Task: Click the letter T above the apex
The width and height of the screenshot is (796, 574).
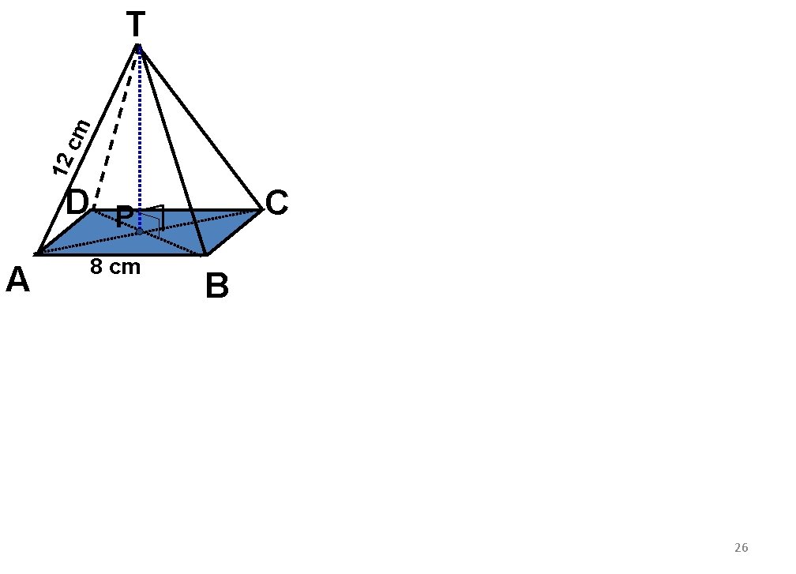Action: tap(136, 25)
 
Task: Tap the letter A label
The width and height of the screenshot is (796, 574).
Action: tap(17, 279)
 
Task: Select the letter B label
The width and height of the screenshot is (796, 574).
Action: tap(216, 287)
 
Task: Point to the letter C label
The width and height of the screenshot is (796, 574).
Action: tap(276, 204)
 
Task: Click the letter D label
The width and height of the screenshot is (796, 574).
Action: tap(77, 203)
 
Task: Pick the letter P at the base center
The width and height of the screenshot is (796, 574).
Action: tap(124, 217)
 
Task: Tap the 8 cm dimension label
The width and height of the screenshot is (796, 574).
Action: tap(115, 268)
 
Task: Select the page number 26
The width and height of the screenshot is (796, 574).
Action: tap(741, 548)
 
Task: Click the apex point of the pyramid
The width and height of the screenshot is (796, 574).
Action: tap(138, 47)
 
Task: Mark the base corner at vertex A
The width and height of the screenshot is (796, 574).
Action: tap(37, 254)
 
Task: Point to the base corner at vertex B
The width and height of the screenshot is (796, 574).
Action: tap(205, 254)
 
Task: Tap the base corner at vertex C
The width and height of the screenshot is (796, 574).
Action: tap(261, 210)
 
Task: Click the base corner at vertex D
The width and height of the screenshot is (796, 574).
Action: tap(94, 210)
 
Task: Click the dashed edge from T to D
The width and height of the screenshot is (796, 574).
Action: tap(115, 130)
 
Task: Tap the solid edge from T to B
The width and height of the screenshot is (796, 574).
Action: tap(172, 150)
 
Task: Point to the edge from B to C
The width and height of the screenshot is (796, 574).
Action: tap(234, 232)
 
